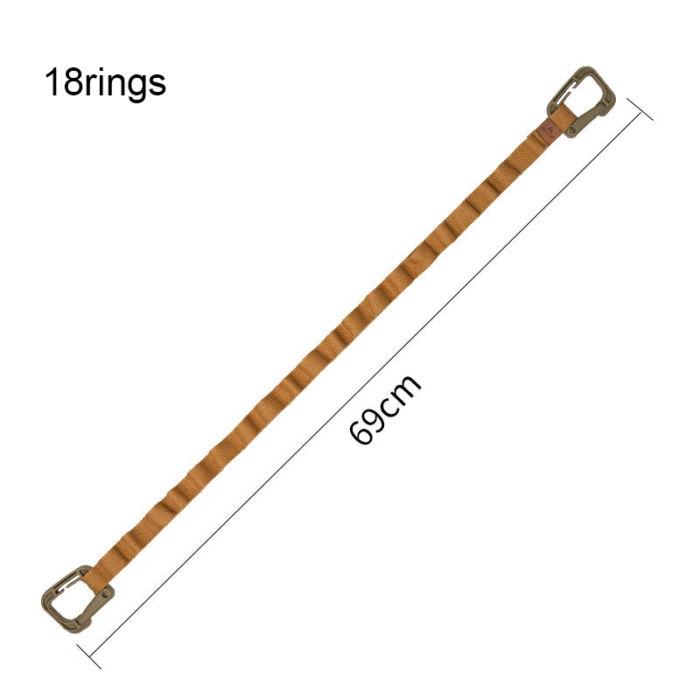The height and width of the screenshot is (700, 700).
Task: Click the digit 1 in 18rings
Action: [x=52, y=81]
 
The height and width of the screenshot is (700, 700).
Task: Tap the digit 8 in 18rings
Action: [x=72, y=81]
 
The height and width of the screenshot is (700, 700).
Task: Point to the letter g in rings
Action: [x=134, y=86]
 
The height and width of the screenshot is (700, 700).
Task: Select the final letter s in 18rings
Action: [x=157, y=85]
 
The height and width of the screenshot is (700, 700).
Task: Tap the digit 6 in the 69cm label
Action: [x=360, y=432]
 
